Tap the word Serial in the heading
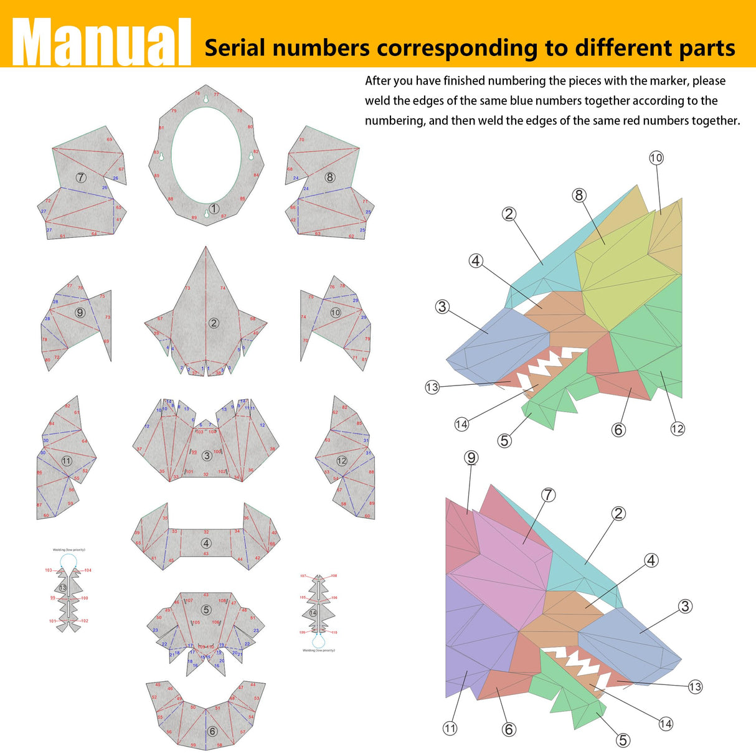[x=235, y=48]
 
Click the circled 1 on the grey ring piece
[x=214, y=209]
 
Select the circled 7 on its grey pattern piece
[x=81, y=177]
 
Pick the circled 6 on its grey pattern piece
[x=212, y=731]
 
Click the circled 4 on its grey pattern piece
[x=206, y=543]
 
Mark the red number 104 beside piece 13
[x=88, y=570]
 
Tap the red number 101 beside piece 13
[x=52, y=621]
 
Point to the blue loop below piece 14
[x=319, y=641]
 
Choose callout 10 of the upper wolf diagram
[x=656, y=158]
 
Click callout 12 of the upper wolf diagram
[x=678, y=428]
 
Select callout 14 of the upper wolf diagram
[x=461, y=424]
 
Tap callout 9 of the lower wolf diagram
[x=471, y=458]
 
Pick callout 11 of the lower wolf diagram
[x=450, y=728]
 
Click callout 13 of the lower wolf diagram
[x=695, y=687]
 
